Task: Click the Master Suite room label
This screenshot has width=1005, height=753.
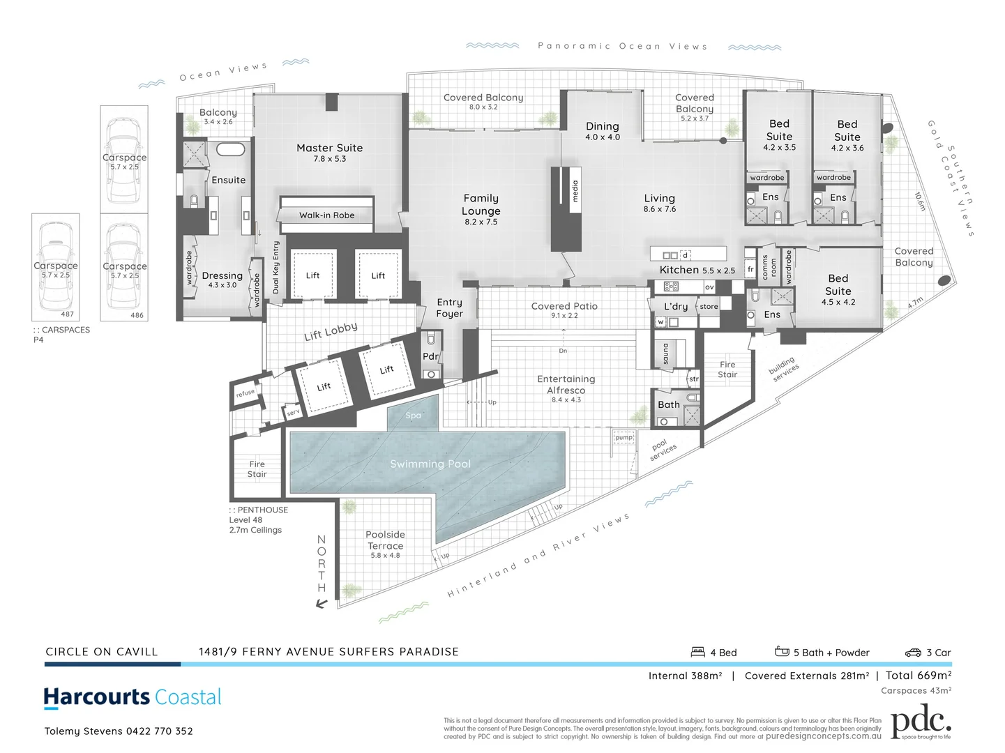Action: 329,149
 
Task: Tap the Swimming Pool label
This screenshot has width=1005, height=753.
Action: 430,464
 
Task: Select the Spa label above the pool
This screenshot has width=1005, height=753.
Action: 414,416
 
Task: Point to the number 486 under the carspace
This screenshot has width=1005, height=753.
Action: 137,315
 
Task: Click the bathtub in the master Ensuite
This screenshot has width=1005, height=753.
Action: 229,149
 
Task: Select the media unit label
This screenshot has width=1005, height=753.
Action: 575,190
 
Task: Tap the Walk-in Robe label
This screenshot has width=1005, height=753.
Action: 326,215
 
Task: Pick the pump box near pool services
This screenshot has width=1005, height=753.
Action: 624,438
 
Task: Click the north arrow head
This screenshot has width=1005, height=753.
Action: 321,604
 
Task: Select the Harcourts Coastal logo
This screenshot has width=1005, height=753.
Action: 133,697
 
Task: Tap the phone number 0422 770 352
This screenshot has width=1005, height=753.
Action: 159,731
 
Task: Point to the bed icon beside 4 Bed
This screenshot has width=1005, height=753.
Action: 697,652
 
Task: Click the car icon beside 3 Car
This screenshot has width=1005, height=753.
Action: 913,653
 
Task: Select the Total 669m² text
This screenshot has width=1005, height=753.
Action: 919,675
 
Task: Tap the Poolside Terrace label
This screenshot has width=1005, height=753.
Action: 385,541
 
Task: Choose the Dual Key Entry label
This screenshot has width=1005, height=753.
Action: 275,267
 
